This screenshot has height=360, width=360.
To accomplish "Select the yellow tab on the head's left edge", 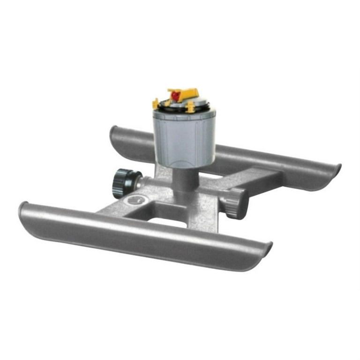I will point(156,103).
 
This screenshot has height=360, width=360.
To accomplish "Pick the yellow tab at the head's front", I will point(190,107).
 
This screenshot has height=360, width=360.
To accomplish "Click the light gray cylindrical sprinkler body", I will point(184,138).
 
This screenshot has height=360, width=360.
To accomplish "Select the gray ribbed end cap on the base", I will point(233,202).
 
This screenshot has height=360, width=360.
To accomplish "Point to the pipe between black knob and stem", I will point(149,181).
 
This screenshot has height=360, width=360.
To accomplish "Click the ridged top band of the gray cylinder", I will point(184,115).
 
